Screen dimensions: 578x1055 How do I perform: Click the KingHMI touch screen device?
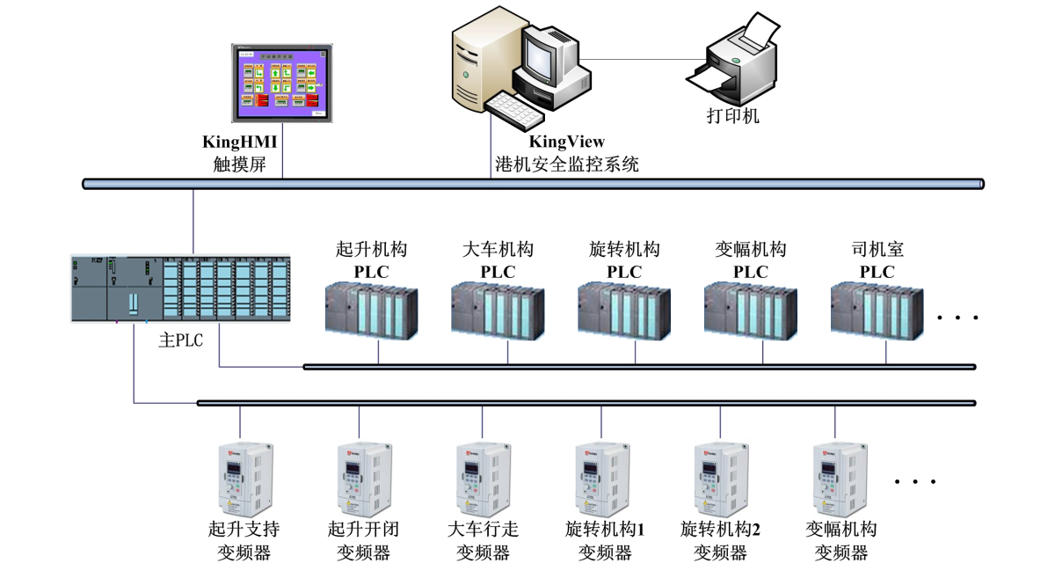(x=282, y=83)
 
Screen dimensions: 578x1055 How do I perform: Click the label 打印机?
(x=733, y=115)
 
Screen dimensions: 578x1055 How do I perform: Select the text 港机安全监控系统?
(x=566, y=164)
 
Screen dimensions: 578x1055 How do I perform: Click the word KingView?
(x=566, y=142)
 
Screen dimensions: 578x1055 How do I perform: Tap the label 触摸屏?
(x=239, y=164)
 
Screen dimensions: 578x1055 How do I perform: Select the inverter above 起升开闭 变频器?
(x=362, y=479)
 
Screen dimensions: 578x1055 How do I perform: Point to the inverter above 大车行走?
(x=483, y=479)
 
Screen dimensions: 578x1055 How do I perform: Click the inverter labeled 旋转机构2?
(x=720, y=479)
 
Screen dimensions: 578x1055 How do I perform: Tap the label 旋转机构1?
(x=605, y=530)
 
